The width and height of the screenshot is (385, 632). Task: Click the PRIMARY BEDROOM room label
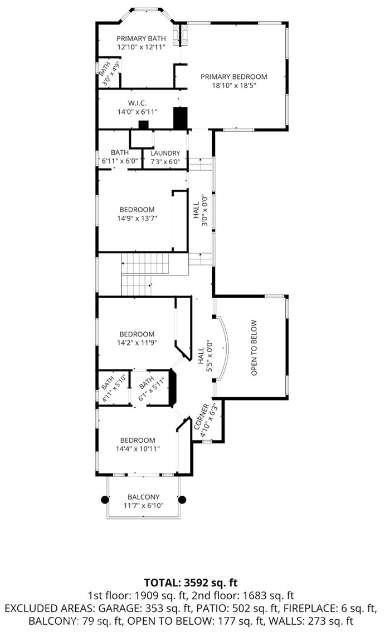(x=233, y=77)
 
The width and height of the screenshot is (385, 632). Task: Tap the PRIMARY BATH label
(x=142, y=38)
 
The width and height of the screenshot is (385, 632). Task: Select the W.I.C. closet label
(x=137, y=103)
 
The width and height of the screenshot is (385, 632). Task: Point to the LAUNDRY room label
(x=165, y=153)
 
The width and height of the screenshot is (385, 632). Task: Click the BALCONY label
(x=144, y=497)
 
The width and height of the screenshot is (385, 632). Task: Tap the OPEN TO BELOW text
(x=254, y=348)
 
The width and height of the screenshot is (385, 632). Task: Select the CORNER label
(x=202, y=416)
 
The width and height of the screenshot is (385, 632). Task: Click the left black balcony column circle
(x=105, y=500)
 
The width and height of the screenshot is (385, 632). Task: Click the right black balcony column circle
(x=182, y=500)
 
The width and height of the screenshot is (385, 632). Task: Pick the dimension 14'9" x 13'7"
(x=137, y=219)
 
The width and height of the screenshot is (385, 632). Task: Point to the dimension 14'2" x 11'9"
(x=137, y=343)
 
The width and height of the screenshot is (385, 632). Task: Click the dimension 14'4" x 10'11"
(x=138, y=448)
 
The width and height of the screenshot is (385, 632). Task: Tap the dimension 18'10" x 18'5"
(x=234, y=86)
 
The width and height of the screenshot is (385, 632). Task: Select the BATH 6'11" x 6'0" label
(x=120, y=156)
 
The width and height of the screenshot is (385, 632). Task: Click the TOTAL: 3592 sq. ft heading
(x=191, y=582)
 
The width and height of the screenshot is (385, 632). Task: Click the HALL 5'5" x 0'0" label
(x=206, y=356)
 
